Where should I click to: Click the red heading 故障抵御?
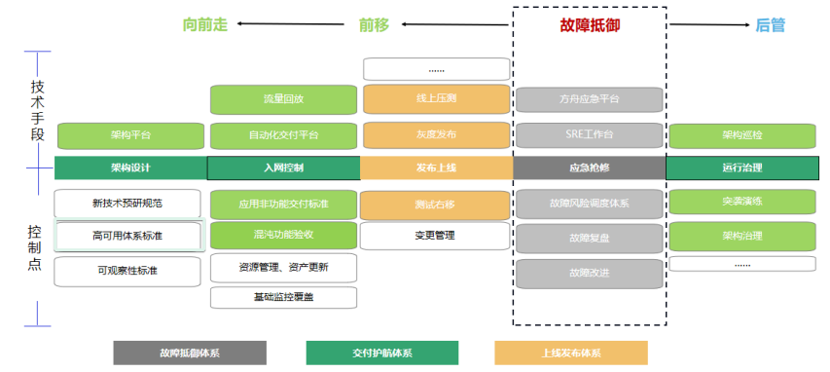click(589, 25)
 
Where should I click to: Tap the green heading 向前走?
click(205, 25)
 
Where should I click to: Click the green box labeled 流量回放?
click(283, 99)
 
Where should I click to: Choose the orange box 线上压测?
click(436, 99)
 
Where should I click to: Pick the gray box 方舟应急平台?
click(589, 99)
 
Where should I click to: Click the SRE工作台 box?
click(589, 134)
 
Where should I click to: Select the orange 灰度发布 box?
click(436, 134)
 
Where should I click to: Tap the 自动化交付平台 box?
click(283, 134)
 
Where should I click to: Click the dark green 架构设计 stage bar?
click(130, 167)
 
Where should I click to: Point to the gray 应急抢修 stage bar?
click(589, 167)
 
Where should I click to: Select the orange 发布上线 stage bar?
click(436, 167)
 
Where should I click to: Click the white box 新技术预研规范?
click(127, 204)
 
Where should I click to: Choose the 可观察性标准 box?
click(127, 271)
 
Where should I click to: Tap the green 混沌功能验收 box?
click(283, 235)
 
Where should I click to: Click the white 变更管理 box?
click(436, 235)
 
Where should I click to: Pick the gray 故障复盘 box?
click(589, 238)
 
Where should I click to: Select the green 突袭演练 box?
click(742, 203)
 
